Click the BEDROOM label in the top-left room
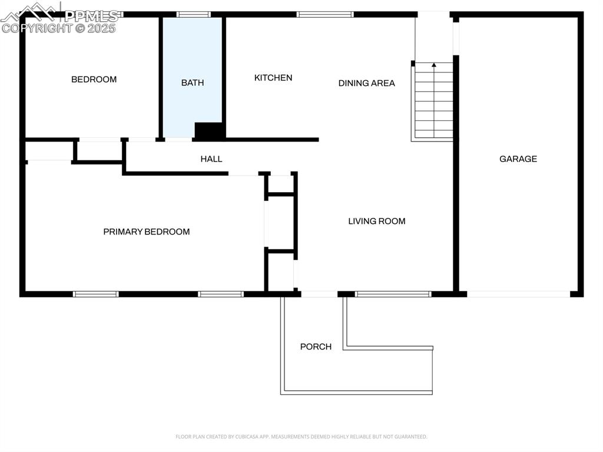click(94, 80)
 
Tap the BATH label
click(193, 83)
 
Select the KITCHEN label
click(273, 78)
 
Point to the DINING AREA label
click(366, 83)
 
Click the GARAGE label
click(518, 159)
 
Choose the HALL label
click(211, 159)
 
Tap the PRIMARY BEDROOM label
click(147, 232)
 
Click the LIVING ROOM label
click(377, 221)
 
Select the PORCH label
click(316, 347)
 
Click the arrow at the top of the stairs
click(435, 65)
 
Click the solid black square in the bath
click(208, 131)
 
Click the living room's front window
click(393, 293)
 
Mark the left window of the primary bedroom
click(96, 293)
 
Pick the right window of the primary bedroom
click(221, 293)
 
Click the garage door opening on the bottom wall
click(518, 293)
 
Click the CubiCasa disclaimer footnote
click(301, 437)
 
